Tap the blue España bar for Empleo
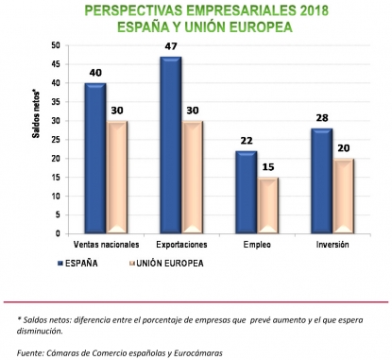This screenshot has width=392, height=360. pos(247,192)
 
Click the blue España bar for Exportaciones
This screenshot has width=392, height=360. pos(170,145)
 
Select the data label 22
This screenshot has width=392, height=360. pos(246,139)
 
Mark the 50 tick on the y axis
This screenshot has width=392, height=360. pos(56,45)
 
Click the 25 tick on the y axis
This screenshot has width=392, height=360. pos(56,139)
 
